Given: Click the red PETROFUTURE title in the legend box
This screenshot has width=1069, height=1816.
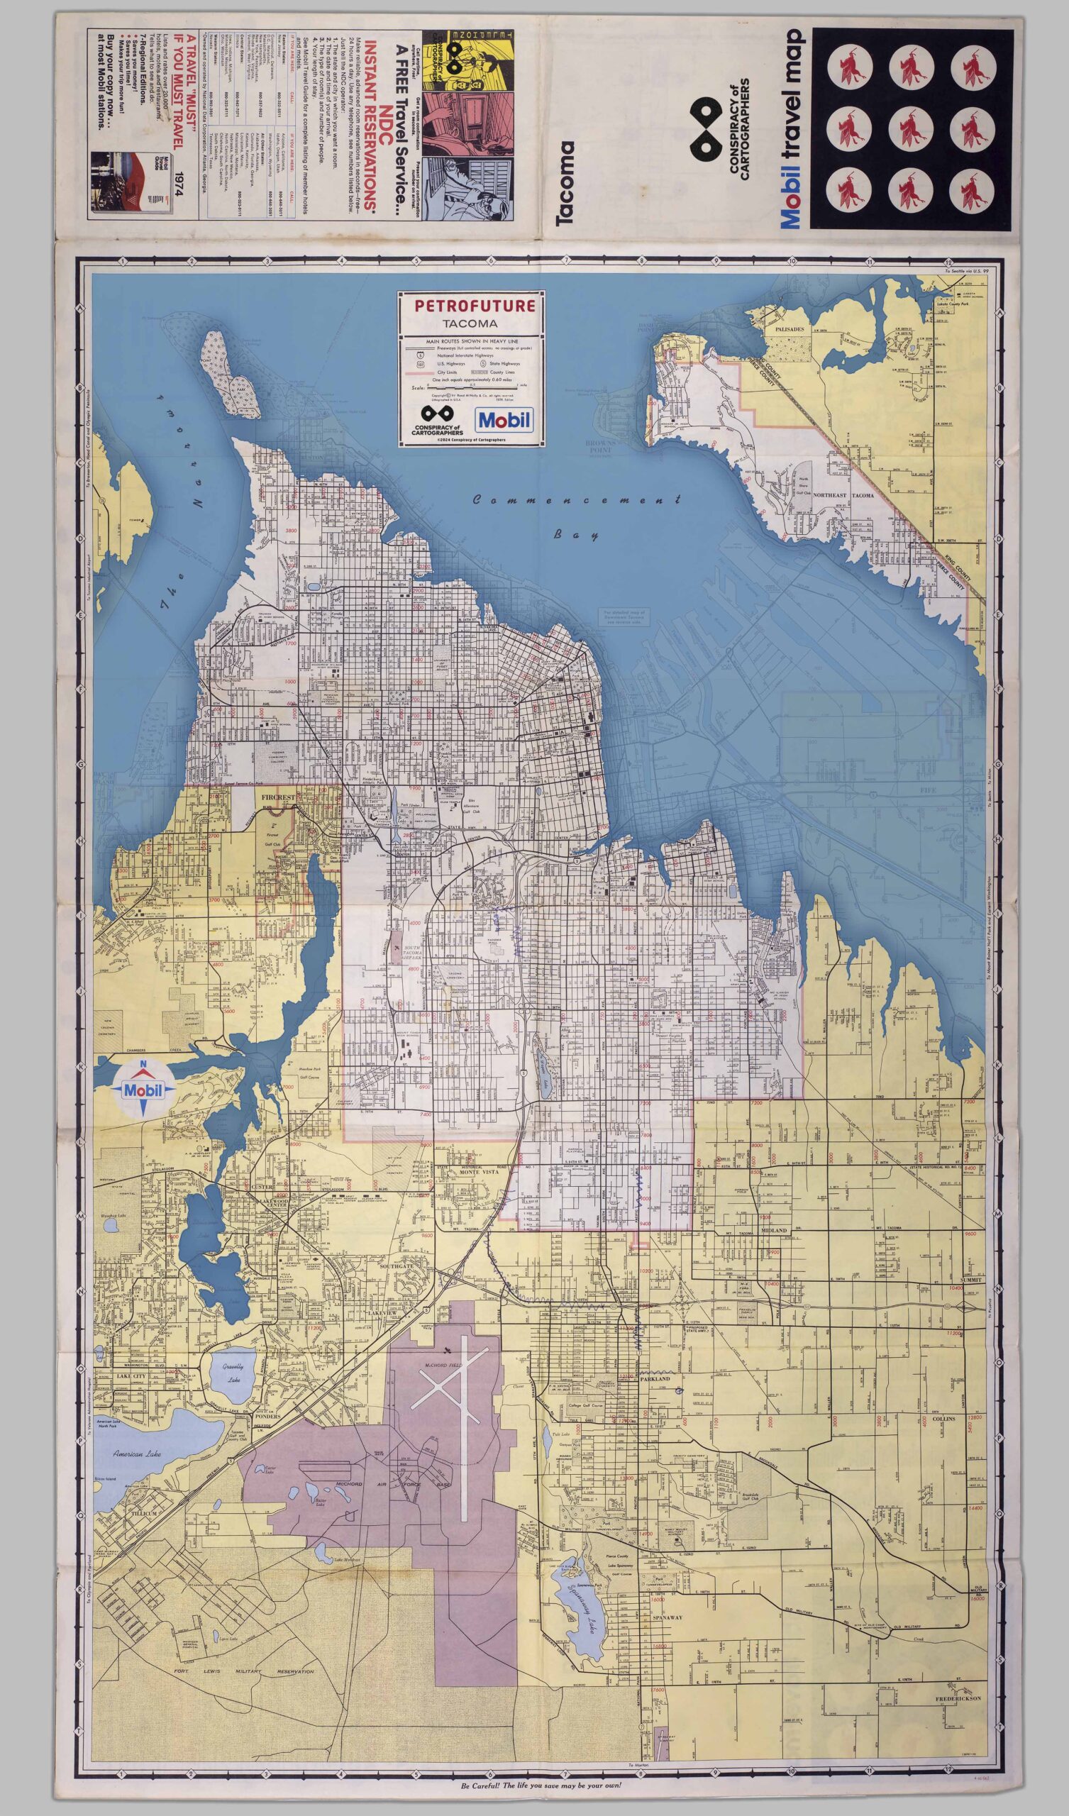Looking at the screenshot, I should [472, 305].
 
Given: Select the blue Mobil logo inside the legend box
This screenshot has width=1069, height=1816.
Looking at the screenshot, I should [504, 419].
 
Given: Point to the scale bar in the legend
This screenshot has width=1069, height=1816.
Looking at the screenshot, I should [472, 388].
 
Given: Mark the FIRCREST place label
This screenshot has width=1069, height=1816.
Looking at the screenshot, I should [277, 799].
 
